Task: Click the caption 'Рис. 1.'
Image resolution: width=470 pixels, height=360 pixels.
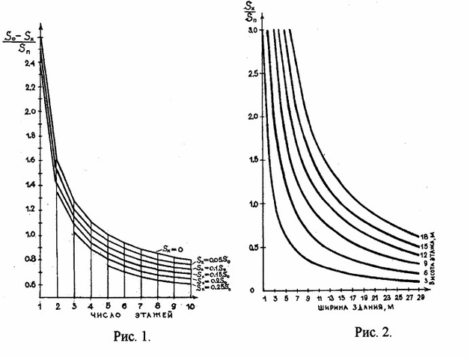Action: [132, 336]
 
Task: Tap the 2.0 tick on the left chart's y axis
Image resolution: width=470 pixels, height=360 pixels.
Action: [30, 112]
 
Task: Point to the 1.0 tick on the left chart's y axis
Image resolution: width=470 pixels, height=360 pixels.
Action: [30, 236]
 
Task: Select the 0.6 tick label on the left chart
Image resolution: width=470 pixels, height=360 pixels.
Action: [30, 285]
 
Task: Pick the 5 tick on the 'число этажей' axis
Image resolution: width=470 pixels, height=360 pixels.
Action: [108, 306]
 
